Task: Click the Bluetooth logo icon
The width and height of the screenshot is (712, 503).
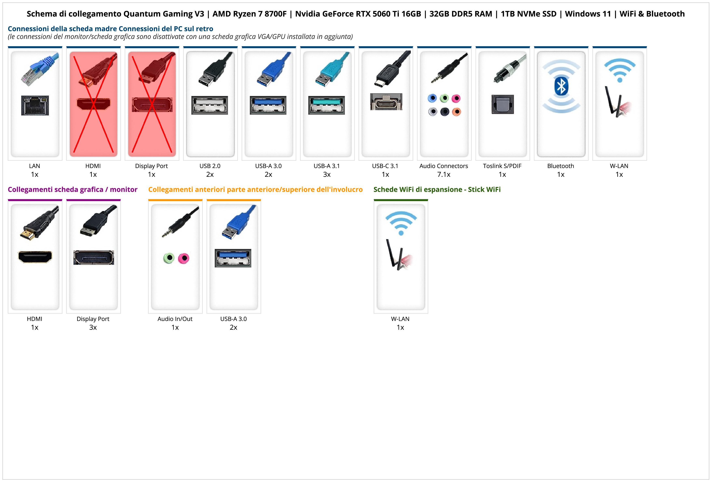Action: [x=561, y=86]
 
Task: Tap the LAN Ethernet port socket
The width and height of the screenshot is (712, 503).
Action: [x=35, y=105]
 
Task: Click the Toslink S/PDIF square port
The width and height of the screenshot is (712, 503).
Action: [x=503, y=104]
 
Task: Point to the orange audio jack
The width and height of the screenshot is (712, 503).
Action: [x=456, y=112]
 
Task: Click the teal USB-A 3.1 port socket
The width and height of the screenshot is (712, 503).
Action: [x=327, y=105]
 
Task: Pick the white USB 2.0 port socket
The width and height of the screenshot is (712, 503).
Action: [x=210, y=105]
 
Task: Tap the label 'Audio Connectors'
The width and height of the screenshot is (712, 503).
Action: [x=443, y=166]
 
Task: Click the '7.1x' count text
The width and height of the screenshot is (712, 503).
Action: [x=443, y=174]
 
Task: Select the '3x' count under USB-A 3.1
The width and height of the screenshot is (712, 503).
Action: [x=327, y=174]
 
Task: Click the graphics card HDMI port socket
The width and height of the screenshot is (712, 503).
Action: [x=35, y=257]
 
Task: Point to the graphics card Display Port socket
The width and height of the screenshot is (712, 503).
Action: [x=94, y=257]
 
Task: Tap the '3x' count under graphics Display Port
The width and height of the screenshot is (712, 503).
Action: [x=93, y=327]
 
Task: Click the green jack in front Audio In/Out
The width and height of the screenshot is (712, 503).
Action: [x=169, y=258]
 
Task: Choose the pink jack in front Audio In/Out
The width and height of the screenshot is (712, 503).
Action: [x=184, y=258]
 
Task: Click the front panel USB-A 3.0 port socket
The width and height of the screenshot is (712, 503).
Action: [x=233, y=258]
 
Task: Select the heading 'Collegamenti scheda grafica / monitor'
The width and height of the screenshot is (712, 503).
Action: [x=73, y=190]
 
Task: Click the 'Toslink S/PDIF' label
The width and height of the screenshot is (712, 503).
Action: [x=502, y=166]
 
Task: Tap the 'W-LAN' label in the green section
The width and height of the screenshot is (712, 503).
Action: [x=400, y=319]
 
